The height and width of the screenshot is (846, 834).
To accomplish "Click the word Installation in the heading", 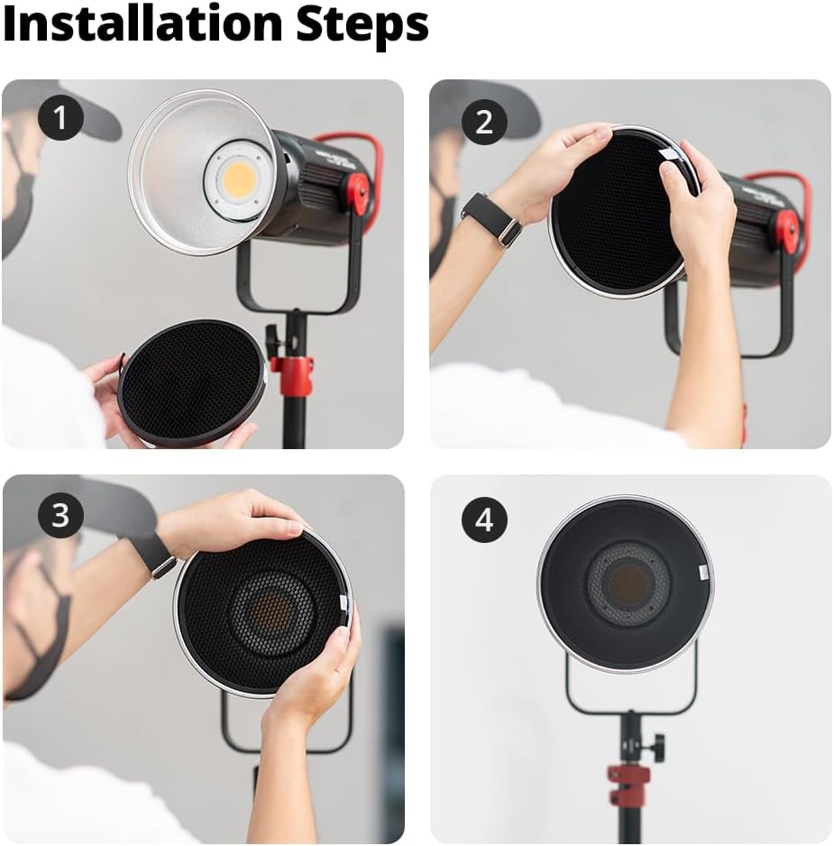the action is click(142, 23).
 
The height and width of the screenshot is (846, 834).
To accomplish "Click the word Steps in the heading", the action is click(362, 26).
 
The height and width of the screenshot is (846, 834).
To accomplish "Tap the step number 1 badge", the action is click(60, 117).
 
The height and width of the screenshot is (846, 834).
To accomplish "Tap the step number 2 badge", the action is click(484, 122).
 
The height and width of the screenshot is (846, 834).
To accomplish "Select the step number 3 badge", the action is click(60, 515).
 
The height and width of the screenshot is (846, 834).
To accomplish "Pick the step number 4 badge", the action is click(484, 520).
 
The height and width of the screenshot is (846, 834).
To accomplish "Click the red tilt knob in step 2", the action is click(788, 232).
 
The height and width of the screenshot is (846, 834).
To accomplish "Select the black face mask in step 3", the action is click(39, 631).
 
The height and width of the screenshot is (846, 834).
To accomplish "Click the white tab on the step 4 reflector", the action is click(703, 572).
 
